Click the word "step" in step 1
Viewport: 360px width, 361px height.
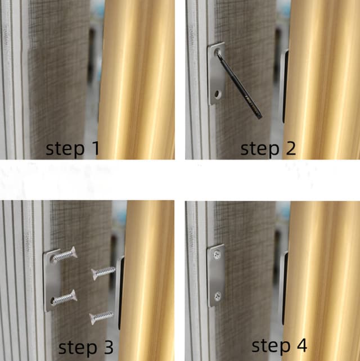click(x=65, y=149)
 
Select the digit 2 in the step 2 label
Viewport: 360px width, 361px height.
click(x=290, y=148)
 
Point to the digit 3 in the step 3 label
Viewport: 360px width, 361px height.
click(x=108, y=347)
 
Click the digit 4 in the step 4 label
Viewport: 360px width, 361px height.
click(x=301, y=345)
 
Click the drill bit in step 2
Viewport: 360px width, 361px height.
click(x=239, y=85)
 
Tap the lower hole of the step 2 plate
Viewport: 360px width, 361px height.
click(x=217, y=94)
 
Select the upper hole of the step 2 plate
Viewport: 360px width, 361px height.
click(x=217, y=52)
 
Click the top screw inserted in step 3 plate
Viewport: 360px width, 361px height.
click(x=64, y=255)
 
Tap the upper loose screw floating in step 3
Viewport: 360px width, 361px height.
click(x=103, y=273)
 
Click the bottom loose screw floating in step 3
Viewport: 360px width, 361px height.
click(x=102, y=317)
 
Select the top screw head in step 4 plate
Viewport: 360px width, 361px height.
click(x=217, y=254)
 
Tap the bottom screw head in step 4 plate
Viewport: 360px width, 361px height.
click(x=218, y=296)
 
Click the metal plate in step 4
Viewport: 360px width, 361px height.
click(x=216, y=276)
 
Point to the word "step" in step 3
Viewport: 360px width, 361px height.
click(x=78, y=348)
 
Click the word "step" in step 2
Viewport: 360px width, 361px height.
click(x=260, y=149)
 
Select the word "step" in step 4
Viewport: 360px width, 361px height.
click(x=271, y=346)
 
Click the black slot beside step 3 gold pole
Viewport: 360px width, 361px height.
click(x=120, y=294)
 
